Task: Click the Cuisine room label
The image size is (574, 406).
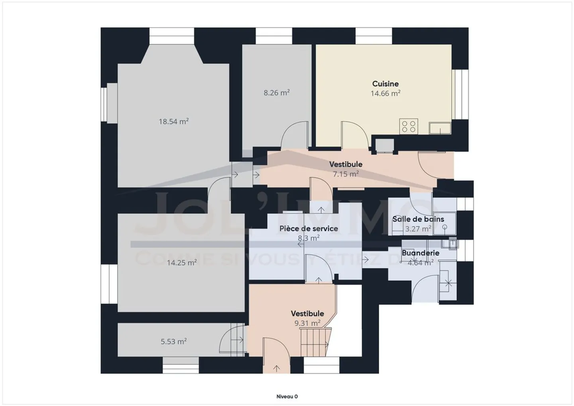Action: tap(385, 84)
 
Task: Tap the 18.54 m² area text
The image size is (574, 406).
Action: tap(173, 122)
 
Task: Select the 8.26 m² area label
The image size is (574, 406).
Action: tap(276, 93)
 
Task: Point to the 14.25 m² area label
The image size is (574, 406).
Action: tap(181, 263)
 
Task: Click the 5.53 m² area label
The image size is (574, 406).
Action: tap(173, 341)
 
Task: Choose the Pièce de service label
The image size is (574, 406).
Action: tap(309, 228)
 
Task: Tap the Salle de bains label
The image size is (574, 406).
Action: tap(418, 219)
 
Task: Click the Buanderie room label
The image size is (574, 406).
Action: tap(421, 253)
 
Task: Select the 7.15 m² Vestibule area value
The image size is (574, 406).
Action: tap(346, 174)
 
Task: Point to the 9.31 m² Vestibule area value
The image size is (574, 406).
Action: tap(307, 323)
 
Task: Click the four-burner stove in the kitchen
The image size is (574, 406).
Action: tap(409, 127)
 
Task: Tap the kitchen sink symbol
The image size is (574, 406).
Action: tap(440, 128)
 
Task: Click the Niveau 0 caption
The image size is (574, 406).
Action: tap(287, 396)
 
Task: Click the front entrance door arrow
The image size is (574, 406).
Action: tap(277, 368)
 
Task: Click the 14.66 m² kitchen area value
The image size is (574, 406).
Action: tap(385, 94)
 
